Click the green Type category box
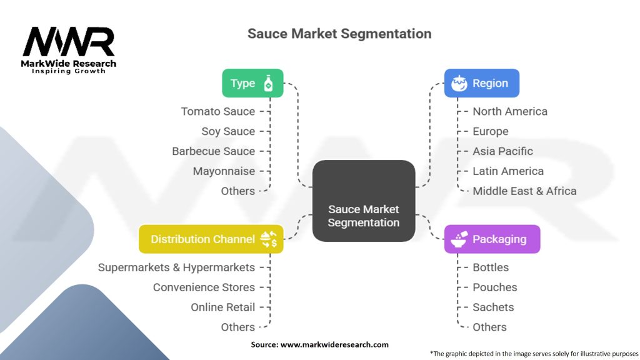252,83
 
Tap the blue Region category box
481,83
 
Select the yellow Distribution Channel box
211,239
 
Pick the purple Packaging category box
492,239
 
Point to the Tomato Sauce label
218,111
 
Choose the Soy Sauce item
228,131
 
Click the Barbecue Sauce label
214,151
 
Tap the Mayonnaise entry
224,171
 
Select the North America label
510,111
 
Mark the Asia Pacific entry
502,151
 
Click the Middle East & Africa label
524,191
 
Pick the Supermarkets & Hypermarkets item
176,267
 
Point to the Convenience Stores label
204,287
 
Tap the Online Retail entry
223,307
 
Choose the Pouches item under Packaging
495,287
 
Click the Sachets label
493,307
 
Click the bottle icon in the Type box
268,83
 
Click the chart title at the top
339,33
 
